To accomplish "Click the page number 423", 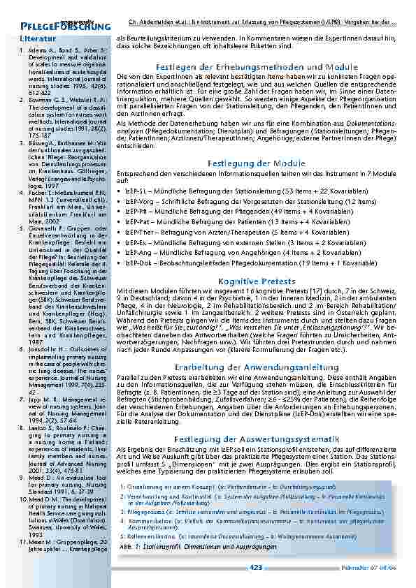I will tap(256, 567).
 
